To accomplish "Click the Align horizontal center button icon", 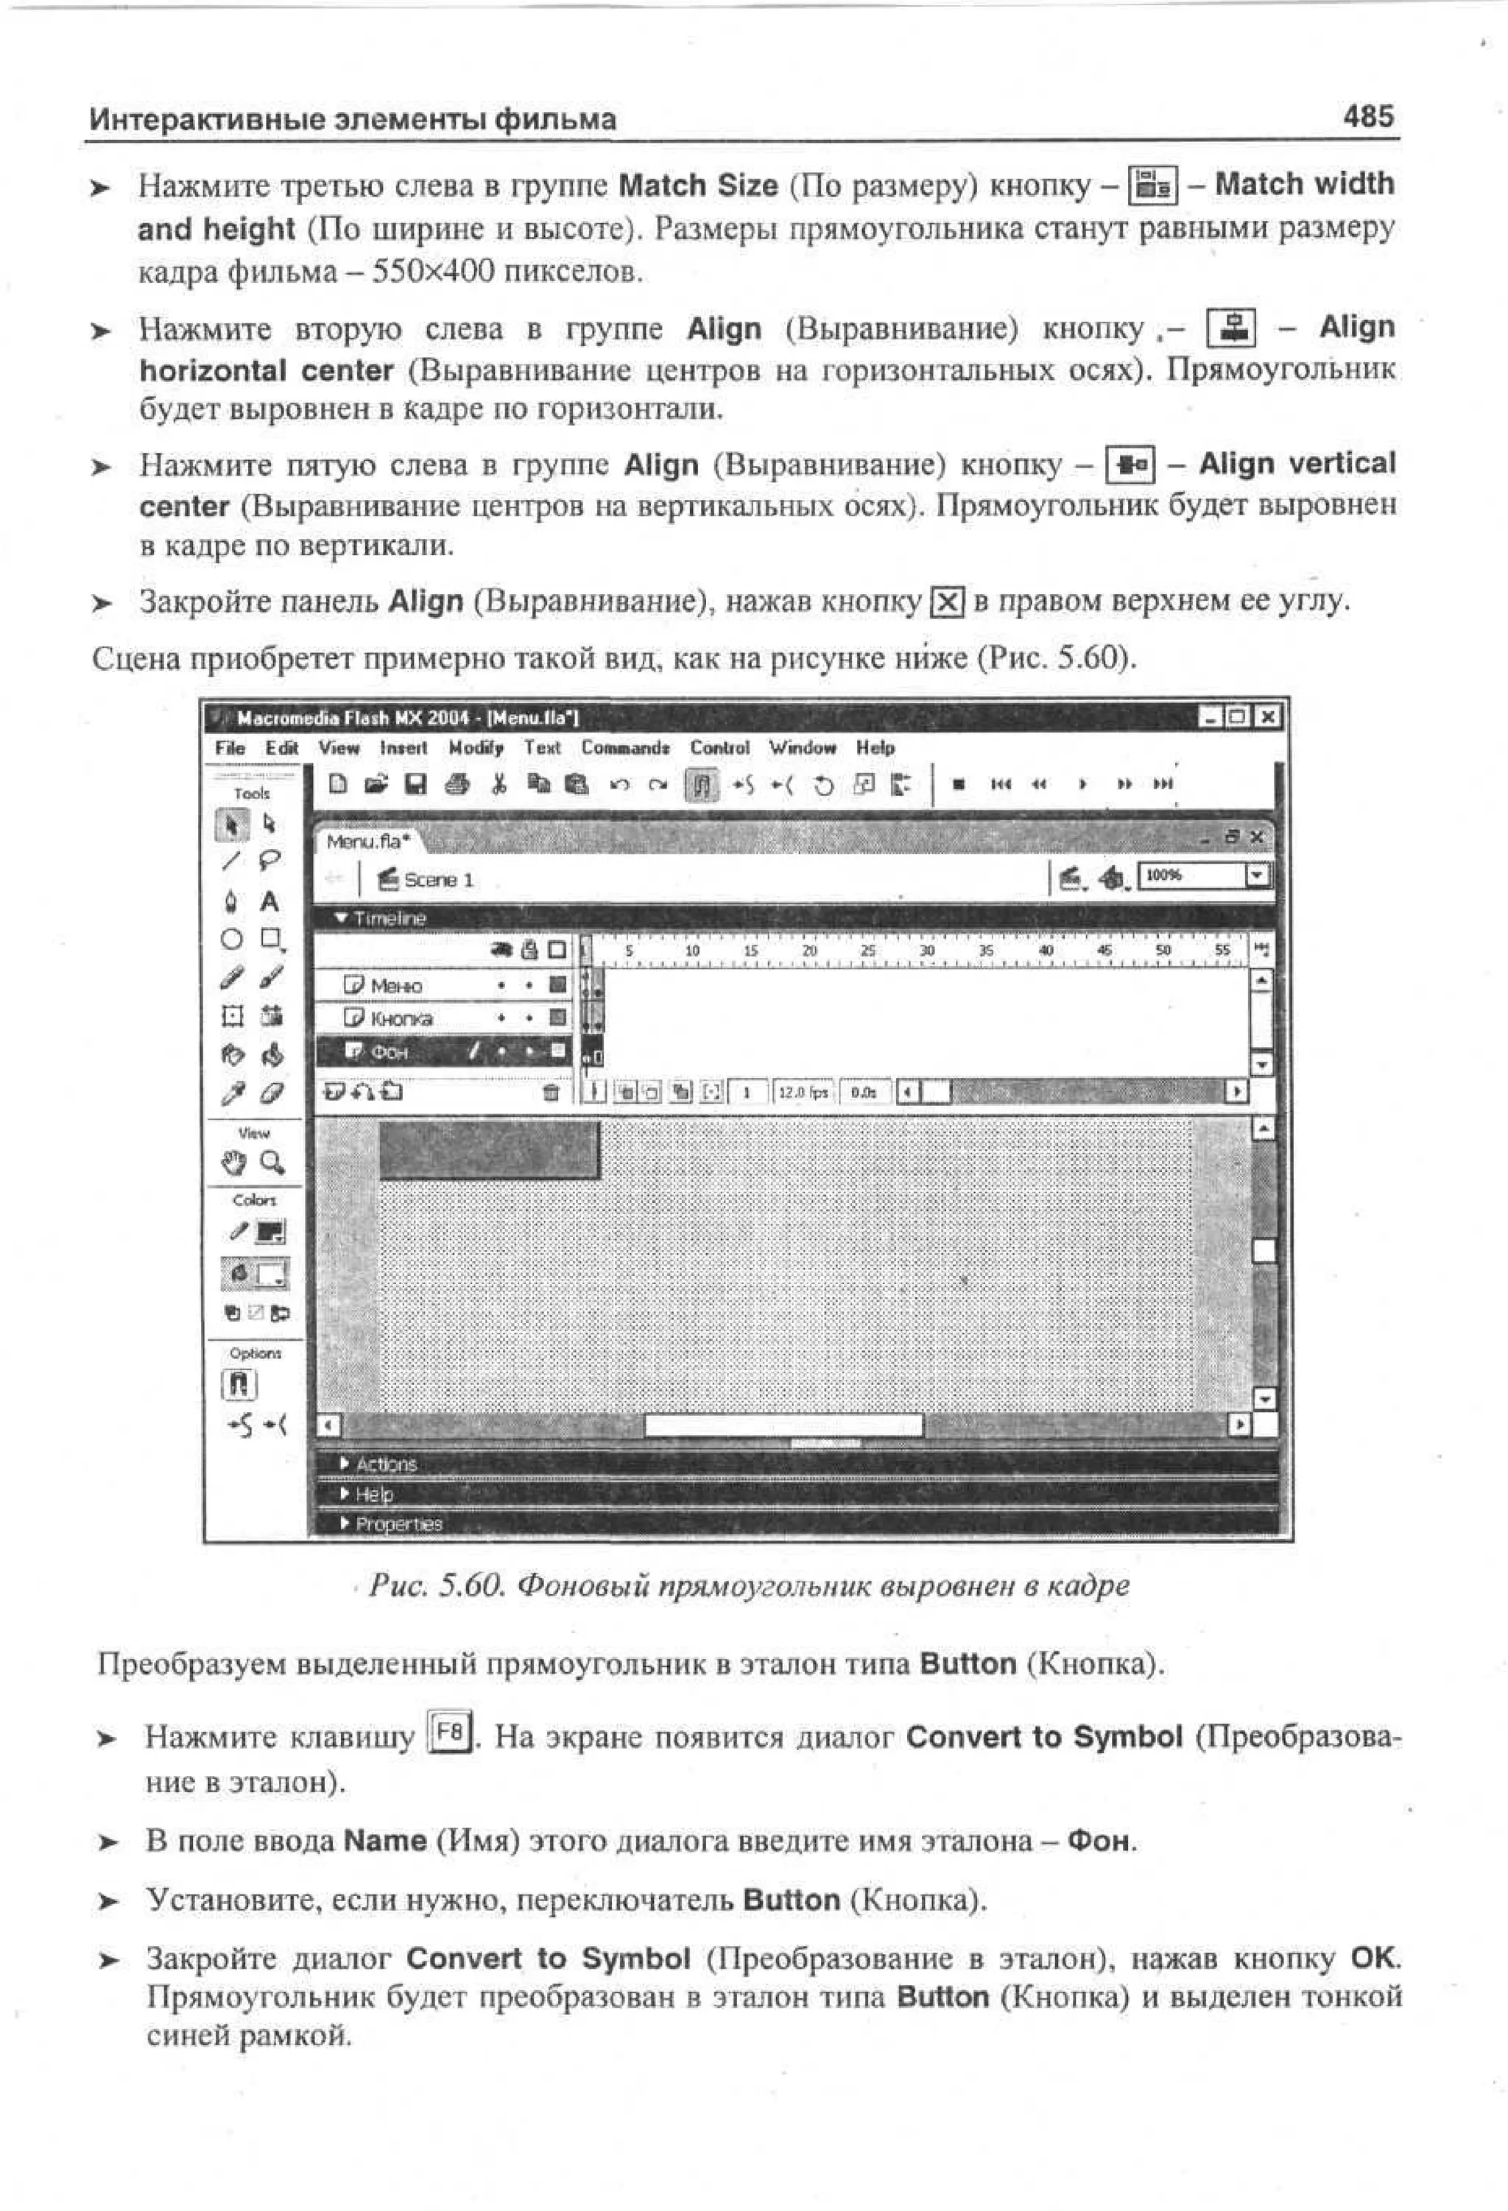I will (1231, 328).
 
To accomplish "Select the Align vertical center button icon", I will (1130, 465).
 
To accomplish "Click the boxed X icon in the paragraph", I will (947, 602).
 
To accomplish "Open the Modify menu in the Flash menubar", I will (476, 748).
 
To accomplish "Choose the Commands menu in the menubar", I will (625, 748).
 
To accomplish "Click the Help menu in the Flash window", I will (874, 748).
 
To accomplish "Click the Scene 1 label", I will (437, 880).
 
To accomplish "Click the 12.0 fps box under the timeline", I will (803, 1092).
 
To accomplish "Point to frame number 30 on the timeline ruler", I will (927, 951).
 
